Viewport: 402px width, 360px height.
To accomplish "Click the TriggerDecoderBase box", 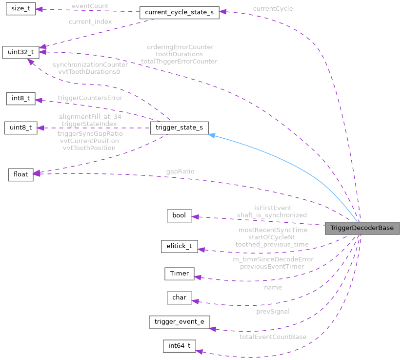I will pyautogui.click(x=362, y=229).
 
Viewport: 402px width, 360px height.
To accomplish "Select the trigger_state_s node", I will pyautogui.click(x=179, y=128).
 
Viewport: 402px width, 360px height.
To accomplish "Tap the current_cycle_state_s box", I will pyautogui.click(x=179, y=13).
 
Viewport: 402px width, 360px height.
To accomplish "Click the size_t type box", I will pyautogui.click(x=20, y=10).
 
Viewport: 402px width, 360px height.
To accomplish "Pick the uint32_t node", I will pyautogui.click(x=20, y=52).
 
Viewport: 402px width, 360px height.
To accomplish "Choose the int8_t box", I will pyautogui.click(x=20, y=98).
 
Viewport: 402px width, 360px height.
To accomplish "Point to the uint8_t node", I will pyautogui.click(x=20, y=128).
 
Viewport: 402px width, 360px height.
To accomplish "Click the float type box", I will pyautogui.click(x=20, y=174).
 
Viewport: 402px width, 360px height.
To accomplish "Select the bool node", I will pyautogui.click(x=179, y=216).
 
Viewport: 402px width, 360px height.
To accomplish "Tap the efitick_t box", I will pyautogui.click(x=179, y=246).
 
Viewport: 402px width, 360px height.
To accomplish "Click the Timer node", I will pyautogui.click(x=179, y=274).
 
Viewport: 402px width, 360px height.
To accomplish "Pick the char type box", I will pyautogui.click(x=179, y=297).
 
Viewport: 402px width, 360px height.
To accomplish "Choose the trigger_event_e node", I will pyautogui.click(x=179, y=321).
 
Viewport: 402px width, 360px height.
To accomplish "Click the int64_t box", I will pyautogui.click(x=179, y=346).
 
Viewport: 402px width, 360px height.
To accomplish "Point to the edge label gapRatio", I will pyautogui.click(x=180, y=172).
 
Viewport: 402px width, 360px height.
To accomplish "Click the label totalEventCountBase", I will pyautogui.click(x=273, y=337).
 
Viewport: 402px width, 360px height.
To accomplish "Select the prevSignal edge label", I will pyautogui.click(x=273, y=311).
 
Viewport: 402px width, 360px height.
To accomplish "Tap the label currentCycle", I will pyautogui.click(x=273, y=9).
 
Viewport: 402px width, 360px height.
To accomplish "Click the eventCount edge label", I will pyautogui.click(x=90, y=6).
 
